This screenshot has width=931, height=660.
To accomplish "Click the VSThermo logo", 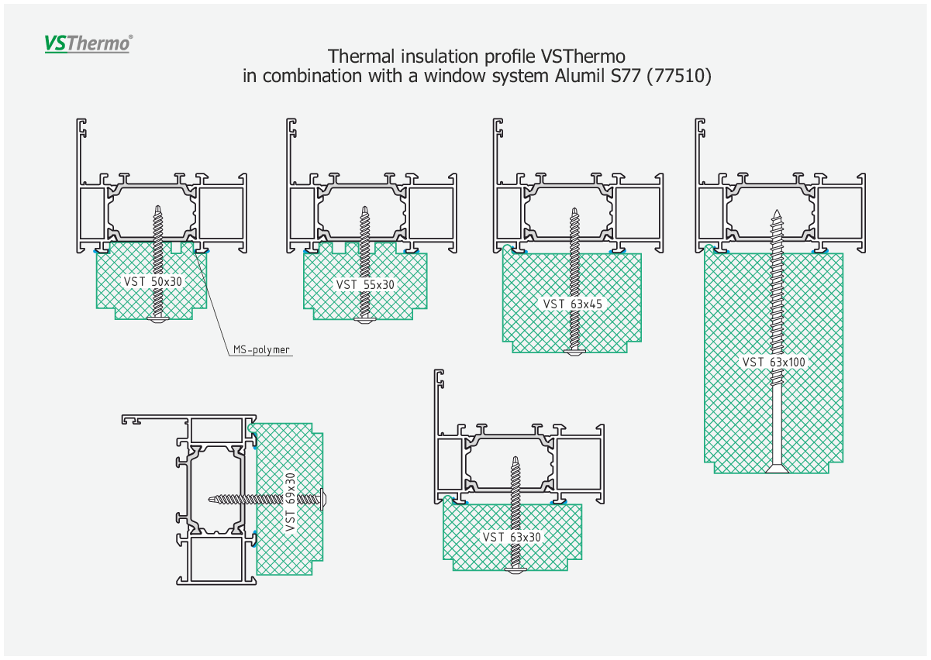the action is coord(88,43).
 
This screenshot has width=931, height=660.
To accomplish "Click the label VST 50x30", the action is coord(153,282).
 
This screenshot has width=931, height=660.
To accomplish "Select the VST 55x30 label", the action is coord(365,284).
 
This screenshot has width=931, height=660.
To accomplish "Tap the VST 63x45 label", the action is coord(572,304).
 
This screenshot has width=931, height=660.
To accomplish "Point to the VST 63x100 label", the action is coord(774,362).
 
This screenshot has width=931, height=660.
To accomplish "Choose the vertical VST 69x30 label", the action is coord(291,502).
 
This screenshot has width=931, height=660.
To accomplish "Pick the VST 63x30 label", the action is coord(512,537).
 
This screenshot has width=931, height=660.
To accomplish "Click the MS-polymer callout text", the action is coord(261,349).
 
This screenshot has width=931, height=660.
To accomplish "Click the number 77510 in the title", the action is coord(679,76).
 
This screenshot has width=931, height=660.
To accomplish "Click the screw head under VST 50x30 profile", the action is coord(158,319).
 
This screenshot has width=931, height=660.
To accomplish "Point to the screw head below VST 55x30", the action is coord(364,320).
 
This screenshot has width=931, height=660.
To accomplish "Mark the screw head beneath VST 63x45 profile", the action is coord(575,352).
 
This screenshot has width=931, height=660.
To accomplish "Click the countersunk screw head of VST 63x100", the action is coord(778,469).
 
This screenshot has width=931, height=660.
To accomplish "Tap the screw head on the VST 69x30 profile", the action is coord(323,499).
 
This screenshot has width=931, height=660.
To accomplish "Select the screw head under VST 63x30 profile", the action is coord(515,570).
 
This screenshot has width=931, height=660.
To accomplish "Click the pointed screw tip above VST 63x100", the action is coord(777,210).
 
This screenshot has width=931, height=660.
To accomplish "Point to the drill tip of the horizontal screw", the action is coord(209,499).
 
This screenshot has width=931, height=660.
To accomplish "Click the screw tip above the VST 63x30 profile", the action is coord(515,457).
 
